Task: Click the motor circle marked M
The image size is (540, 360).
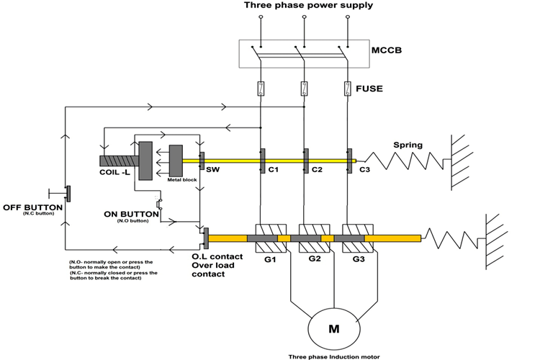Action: pos(334,329)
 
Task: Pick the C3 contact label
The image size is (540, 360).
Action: pos(364,171)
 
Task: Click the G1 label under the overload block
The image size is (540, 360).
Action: pos(271,259)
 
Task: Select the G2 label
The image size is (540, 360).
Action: pos(315,259)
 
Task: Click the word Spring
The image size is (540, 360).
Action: pos(408,145)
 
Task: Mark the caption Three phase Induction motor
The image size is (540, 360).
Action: pos(333,356)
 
